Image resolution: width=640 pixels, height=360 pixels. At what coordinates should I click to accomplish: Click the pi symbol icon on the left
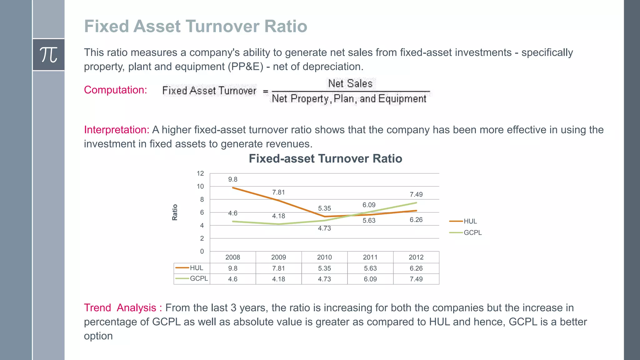48,55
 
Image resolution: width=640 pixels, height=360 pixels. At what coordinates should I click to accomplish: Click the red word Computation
115,90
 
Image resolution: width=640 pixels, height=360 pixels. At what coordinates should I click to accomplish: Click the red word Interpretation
116,130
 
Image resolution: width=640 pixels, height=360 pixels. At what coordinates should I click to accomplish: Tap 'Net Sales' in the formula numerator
350,83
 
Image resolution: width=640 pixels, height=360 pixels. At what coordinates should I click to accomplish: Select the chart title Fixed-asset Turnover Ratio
325,159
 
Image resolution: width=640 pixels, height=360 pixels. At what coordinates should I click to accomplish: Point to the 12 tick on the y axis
200,173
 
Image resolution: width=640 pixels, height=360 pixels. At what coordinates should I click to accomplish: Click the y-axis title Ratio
175,212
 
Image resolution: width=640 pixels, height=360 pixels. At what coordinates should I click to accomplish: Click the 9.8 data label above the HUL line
232,180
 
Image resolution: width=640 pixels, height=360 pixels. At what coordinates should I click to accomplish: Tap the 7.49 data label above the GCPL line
416,195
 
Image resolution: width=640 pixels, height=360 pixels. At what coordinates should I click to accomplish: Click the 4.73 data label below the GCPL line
324,228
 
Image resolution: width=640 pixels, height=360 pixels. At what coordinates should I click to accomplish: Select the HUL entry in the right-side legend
470,221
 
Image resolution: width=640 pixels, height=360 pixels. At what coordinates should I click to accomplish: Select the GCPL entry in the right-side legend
472,232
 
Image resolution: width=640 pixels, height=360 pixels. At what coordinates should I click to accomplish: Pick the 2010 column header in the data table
324,257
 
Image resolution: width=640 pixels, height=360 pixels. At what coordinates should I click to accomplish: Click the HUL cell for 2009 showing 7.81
278,268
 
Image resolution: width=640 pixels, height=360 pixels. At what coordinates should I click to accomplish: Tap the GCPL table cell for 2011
370,279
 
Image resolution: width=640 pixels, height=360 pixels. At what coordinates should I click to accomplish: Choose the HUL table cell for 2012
416,268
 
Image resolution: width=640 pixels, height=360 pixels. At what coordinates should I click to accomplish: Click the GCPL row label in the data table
198,278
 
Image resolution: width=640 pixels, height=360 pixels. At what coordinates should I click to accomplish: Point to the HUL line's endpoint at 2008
233,188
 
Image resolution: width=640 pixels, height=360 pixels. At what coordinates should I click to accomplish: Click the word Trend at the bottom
97,308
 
